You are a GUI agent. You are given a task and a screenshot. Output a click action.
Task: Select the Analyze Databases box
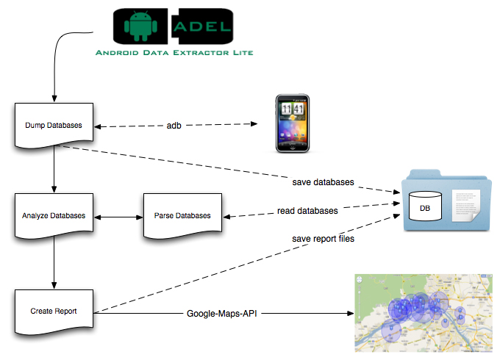pyautogui.click(x=54, y=216)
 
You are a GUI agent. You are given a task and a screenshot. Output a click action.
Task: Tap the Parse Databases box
pyautogui.click(x=182, y=216)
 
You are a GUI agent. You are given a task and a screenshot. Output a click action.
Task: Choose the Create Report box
pyautogui.click(x=54, y=312)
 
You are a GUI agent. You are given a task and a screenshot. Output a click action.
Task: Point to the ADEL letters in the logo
pyautogui.click(x=201, y=27)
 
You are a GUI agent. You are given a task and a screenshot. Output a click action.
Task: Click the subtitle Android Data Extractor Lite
pyautogui.click(x=175, y=53)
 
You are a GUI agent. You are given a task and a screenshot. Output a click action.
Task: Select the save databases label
pyautogui.click(x=323, y=181)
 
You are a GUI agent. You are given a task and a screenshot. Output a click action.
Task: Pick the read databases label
pyautogui.click(x=307, y=211)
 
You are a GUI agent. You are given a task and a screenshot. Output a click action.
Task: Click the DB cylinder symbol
pyautogui.click(x=425, y=208)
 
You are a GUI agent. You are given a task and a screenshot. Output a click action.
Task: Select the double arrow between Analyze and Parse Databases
pyautogui.click(x=119, y=217)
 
